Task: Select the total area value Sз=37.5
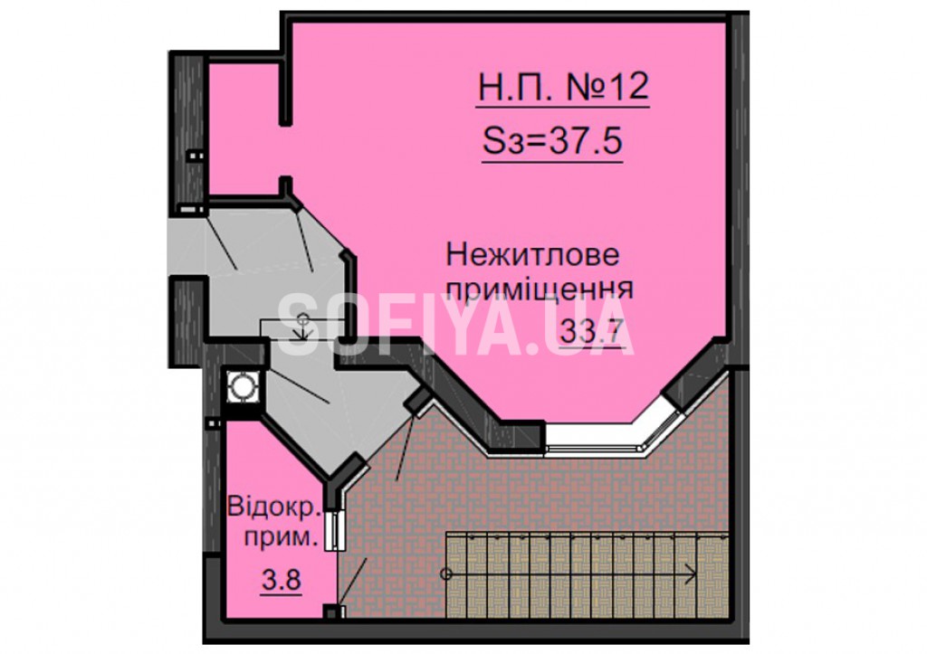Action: click(552, 140)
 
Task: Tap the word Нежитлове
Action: click(532, 255)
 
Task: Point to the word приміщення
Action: click(540, 289)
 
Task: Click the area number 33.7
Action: click(592, 330)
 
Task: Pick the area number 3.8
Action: click(282, 580)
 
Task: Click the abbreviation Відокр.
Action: click(274, 507)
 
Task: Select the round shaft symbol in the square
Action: click(242, 386)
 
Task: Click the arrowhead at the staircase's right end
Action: click(689, 573)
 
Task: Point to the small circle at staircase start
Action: click(446, 573)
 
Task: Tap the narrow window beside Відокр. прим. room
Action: click(335, 530)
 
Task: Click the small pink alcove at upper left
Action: click(244, 128)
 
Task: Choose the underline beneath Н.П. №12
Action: click(563, 107)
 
